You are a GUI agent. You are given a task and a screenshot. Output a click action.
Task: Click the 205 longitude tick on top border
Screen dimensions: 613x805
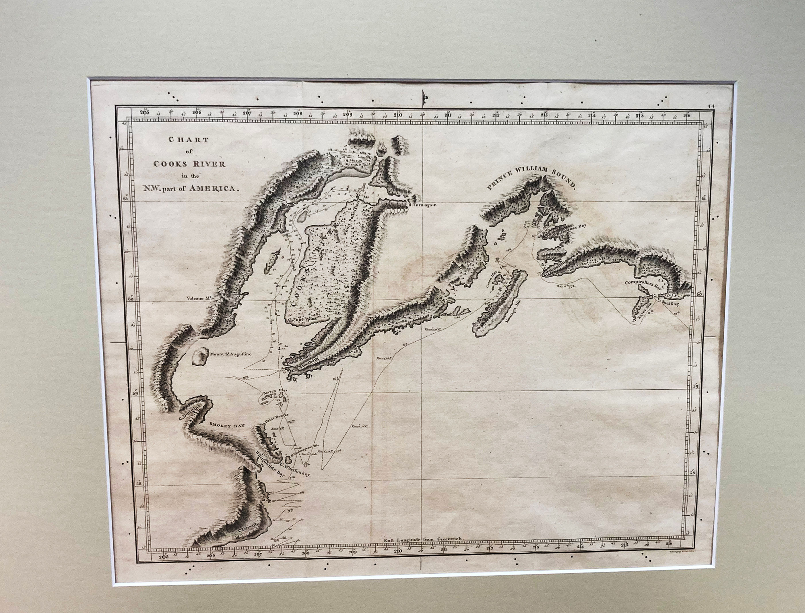click(145, 112)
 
